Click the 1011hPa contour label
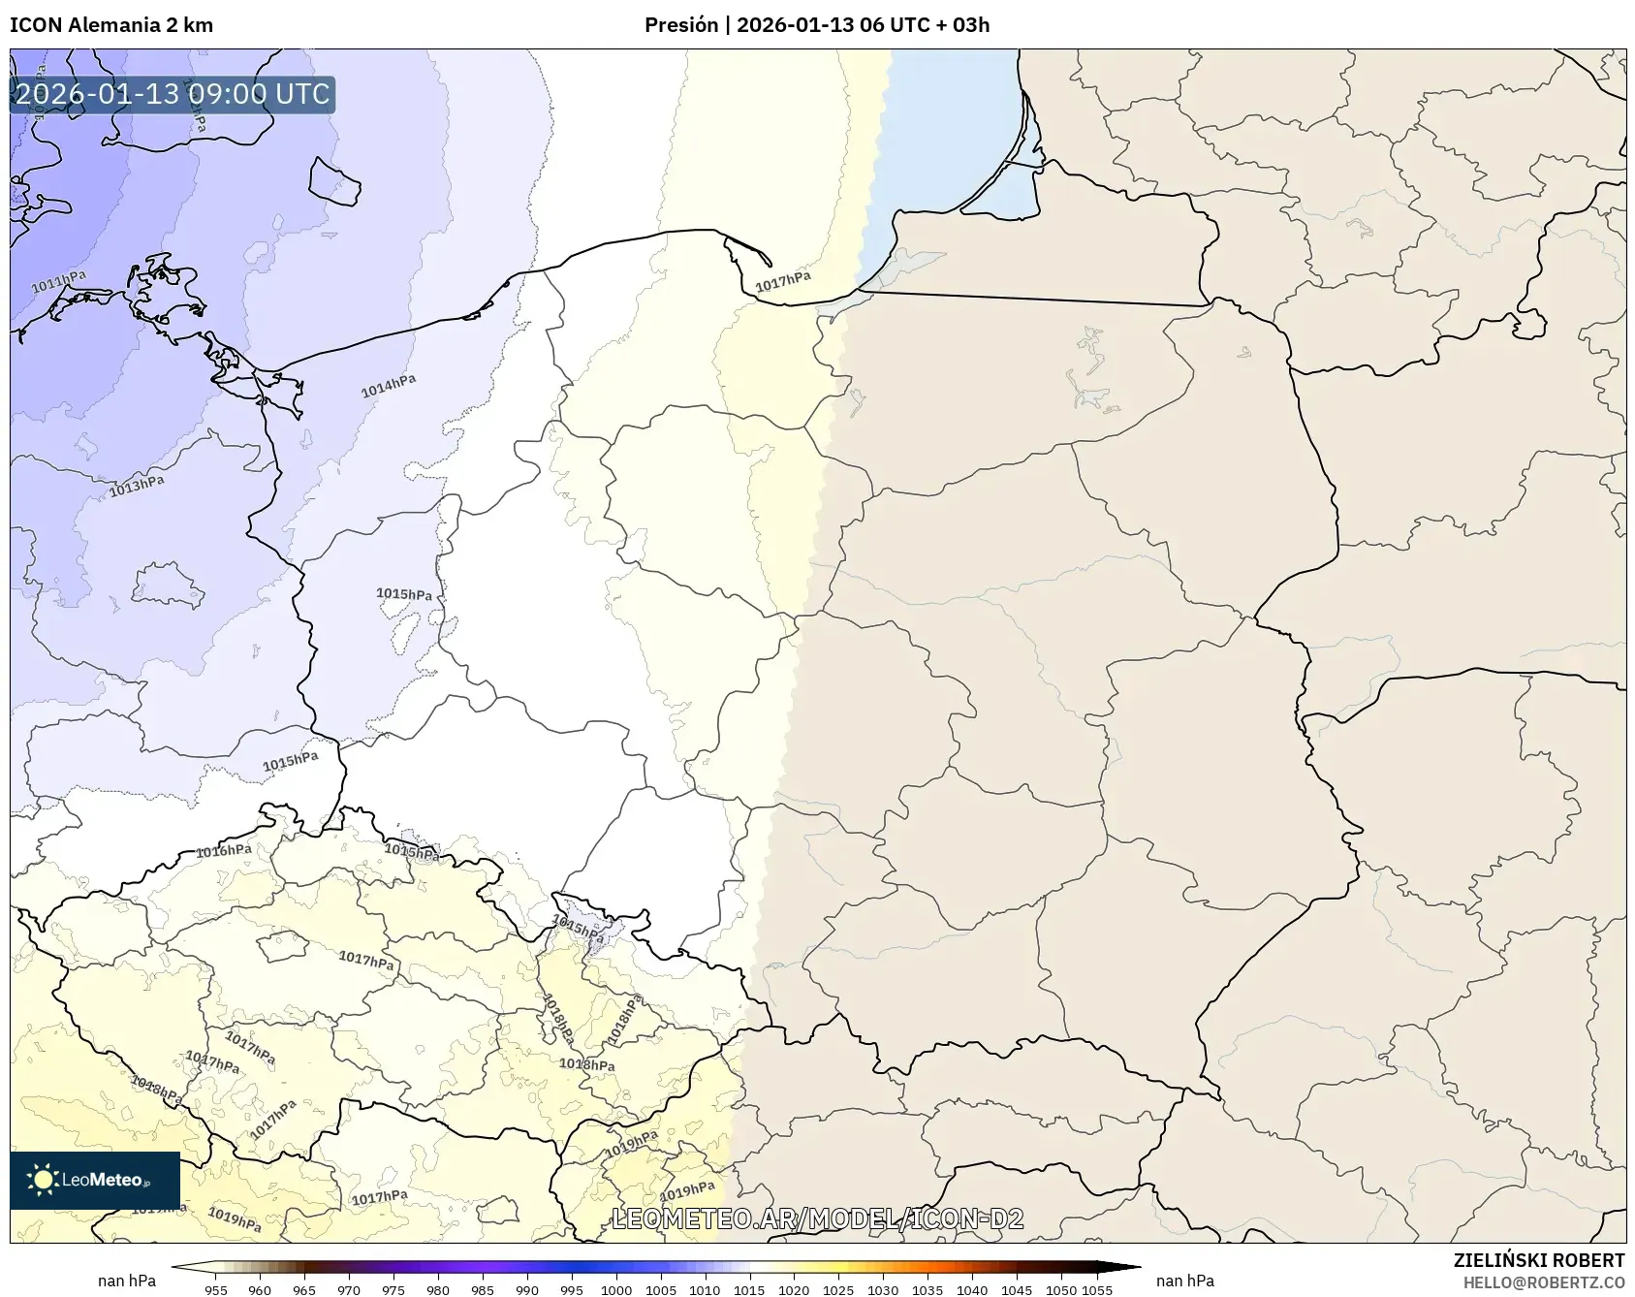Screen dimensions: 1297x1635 point(58,282)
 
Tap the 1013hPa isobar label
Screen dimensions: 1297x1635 point(136,486)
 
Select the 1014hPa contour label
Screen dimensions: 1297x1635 point(389,386)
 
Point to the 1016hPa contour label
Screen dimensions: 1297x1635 point(224,851)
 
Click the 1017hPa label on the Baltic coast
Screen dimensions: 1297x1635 point(783,281)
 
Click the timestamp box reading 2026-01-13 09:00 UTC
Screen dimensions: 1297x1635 point(173,94)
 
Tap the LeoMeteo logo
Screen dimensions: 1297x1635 point(95,1180)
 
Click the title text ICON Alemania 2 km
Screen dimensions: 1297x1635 point(111,25)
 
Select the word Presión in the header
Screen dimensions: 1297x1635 point(681,25)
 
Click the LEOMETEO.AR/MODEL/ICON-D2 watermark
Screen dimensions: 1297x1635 point(818,1219)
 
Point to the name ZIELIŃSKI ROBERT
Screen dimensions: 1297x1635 point(1539,1260)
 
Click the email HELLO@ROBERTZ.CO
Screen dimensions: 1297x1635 point(1544,1282)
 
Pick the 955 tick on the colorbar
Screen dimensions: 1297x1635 point(216,1289)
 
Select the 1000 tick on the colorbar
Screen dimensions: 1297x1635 point(616,1289)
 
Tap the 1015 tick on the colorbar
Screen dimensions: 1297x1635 point(749,1289)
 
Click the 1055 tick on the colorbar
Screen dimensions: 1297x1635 point(1097,1289)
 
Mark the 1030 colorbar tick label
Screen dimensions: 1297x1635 point(882,1289)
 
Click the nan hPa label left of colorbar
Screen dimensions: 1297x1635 point(127,1281)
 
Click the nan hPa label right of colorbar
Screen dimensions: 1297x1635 point(1185,1281)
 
